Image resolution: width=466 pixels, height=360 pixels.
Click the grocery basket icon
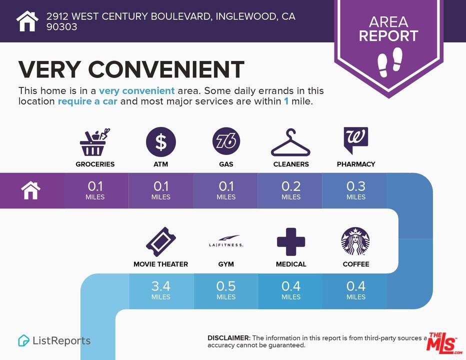click(x=94, y=142)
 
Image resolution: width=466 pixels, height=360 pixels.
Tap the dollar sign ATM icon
click(x=161, y=142)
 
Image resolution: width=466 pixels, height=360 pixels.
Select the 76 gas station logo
click(x=226, y=141)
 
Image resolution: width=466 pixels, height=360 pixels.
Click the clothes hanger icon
click(x=290, y=142)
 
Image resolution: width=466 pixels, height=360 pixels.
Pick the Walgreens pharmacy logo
click(x=355, y=140)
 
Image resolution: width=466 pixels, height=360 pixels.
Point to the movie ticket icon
click(x=161, y=241)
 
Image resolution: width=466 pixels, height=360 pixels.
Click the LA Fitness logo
click(x=226, y=241)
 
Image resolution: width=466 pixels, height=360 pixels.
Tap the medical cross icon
click(x=291, y=241)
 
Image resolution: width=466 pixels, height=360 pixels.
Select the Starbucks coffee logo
click(x=355, y=241)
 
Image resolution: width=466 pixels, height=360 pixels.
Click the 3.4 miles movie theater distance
click(x=161, y=290)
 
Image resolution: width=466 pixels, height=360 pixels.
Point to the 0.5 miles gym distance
click(x=226, y=290)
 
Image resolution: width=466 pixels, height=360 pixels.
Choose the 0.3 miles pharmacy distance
click(x=355, y=190)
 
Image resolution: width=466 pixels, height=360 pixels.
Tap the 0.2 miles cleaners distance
click(x=291, y=190)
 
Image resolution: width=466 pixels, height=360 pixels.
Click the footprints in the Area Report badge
click(x=389, y=62)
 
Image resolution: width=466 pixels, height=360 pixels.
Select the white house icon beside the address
click(x=27, y=21)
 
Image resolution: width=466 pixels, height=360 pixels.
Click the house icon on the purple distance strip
click(x=30, y=190)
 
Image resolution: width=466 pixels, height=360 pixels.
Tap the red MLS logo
click(x=443, y=343)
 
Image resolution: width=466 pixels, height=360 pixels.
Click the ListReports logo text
click(x=61, y=340)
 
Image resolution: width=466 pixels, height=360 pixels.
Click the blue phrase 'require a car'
click(x=87, y=101)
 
